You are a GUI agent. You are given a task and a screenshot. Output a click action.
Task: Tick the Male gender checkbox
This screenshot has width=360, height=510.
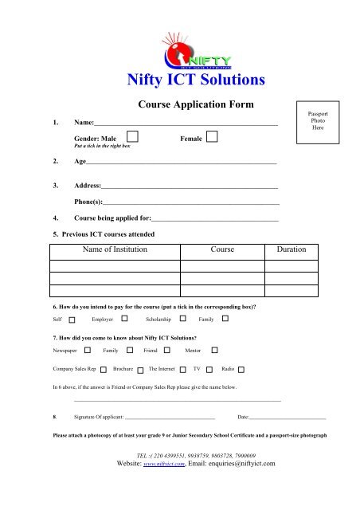131,139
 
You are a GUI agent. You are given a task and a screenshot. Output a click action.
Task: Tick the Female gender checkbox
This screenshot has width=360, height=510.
212,139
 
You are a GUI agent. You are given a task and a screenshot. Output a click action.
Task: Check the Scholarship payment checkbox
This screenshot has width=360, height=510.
177,319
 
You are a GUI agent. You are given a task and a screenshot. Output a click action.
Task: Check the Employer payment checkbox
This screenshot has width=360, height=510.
124,319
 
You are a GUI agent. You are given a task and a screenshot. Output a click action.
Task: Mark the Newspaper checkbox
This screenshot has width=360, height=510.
87,350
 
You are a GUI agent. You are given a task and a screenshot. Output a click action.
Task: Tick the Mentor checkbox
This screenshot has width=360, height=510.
213,350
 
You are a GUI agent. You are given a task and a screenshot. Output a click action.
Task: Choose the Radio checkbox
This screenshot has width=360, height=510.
242,370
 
